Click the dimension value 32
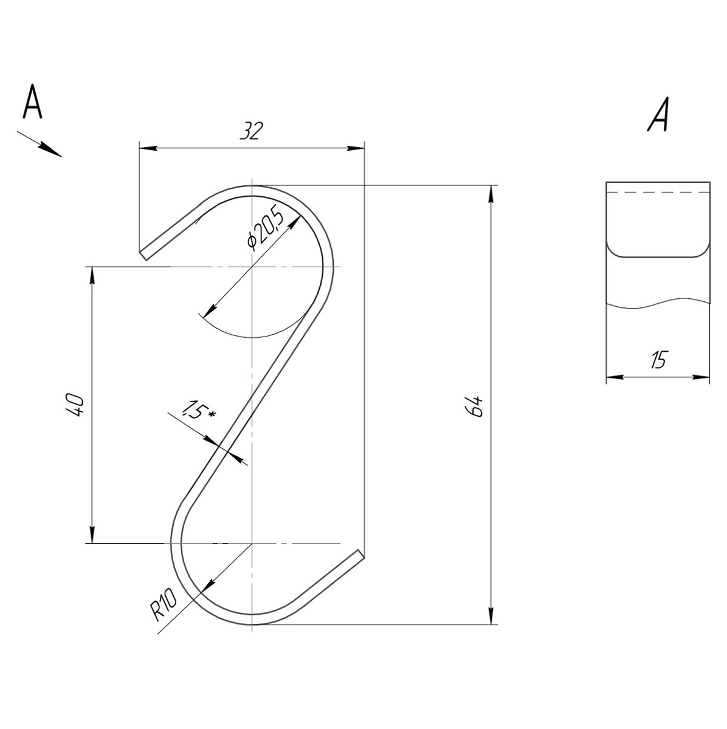(252, 131)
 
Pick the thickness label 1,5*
(198, 409)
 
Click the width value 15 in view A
(658, 359)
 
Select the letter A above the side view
(657, 114)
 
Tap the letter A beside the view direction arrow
(32, 101)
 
